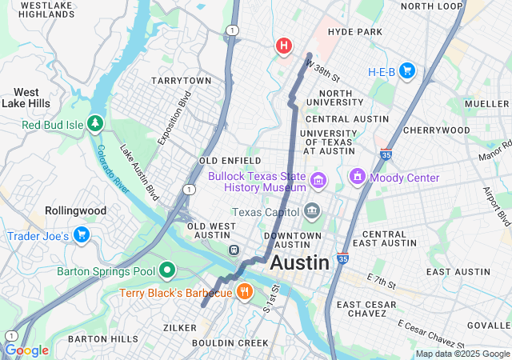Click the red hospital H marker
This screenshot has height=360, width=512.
coord(283,46)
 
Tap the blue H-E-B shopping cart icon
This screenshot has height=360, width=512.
coord(407,71)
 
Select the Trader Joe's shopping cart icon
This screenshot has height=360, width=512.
coord(81,235)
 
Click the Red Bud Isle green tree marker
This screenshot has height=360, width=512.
coord(96,123)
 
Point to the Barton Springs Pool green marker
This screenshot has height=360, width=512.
coord(166,271)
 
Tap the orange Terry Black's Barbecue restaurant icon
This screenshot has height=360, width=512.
coord(244,292)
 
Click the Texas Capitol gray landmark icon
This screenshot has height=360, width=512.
coord(311,212)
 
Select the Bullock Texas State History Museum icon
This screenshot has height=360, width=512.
coord(318,181)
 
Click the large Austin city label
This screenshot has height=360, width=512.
coord(299,262)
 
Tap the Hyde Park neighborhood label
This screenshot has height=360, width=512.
coord(354,32)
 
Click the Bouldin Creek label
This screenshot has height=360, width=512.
coord(230,343)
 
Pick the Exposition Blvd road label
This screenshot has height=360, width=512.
coord(174,118)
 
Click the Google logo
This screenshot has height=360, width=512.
coord(26,350)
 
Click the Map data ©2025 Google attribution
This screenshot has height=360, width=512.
coord(462,354)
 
